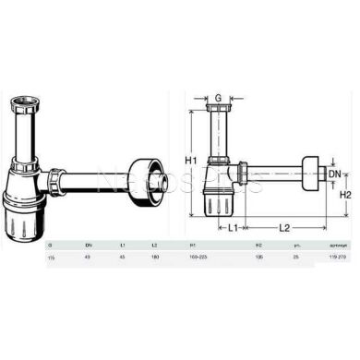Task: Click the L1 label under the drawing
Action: (x=234, y=226)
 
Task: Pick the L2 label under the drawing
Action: (x=284, y=226)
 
